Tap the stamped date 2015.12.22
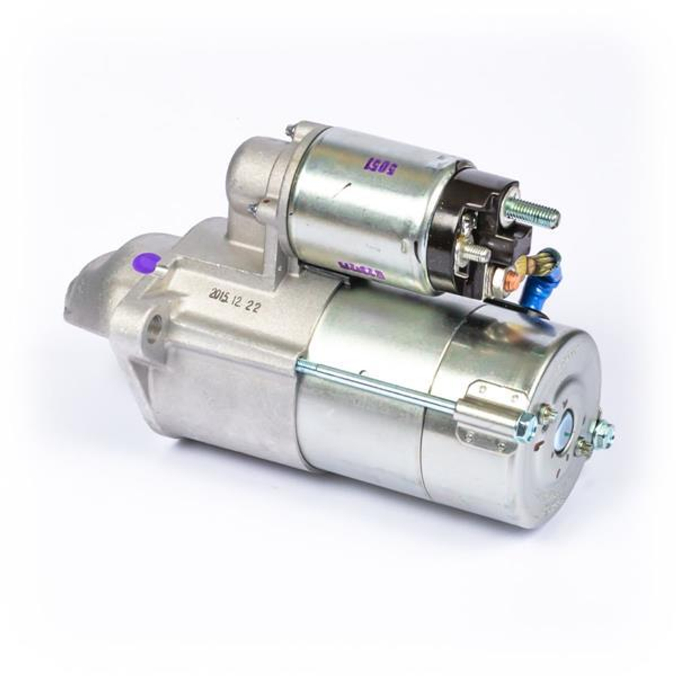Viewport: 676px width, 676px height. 235,299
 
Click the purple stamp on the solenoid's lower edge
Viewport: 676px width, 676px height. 361,272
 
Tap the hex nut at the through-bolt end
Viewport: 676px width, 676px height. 526,427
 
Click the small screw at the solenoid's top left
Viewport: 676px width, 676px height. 291,129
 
